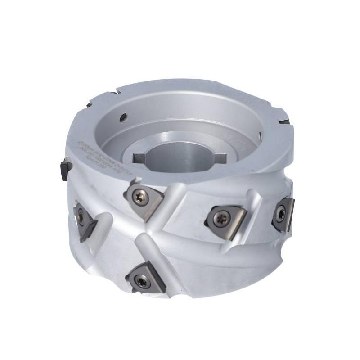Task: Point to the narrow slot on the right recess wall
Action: tap(260, 135)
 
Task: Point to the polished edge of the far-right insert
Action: tap(288, 211)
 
